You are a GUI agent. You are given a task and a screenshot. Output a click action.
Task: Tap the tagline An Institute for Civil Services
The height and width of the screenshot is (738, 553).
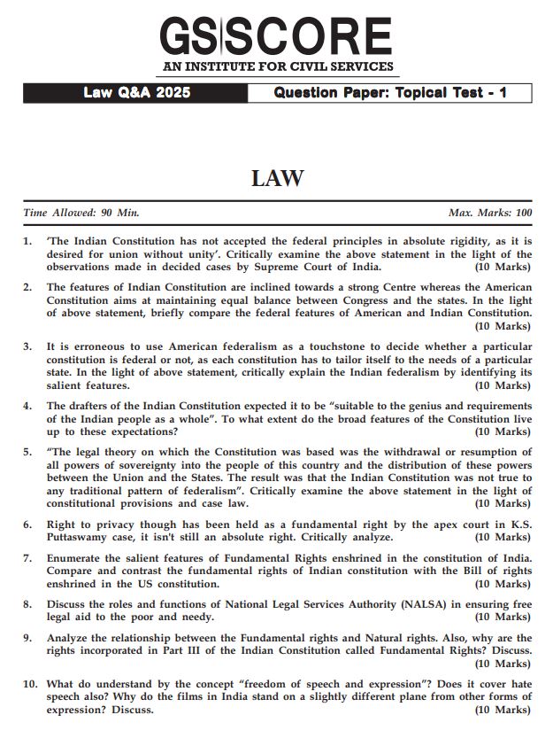(x=276, y=67)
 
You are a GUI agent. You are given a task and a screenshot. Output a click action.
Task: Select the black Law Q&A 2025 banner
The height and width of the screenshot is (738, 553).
(x=135, y=93)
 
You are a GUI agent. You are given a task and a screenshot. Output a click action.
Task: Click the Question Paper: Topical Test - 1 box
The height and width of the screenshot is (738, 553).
(x=389, y=93)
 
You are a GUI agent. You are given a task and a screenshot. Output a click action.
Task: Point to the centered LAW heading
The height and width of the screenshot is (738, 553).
(x=277, y=178)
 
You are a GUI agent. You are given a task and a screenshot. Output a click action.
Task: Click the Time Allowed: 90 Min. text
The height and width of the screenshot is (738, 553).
(x=81, y=213)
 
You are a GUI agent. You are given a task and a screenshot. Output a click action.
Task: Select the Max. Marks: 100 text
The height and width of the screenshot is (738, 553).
(x=490, y=213)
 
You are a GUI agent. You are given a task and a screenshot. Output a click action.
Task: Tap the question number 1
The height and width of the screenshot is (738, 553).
(x=27, y=241)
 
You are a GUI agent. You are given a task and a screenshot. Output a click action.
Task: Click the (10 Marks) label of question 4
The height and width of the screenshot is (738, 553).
(x=503, y=431)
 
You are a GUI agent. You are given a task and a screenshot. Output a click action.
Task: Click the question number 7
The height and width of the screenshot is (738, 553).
(x=27, y=558)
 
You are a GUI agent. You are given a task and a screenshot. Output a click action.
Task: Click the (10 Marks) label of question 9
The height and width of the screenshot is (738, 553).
(x=503, y=663)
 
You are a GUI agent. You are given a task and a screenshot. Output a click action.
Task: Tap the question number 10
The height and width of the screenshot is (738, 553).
(x=30, y=684)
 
